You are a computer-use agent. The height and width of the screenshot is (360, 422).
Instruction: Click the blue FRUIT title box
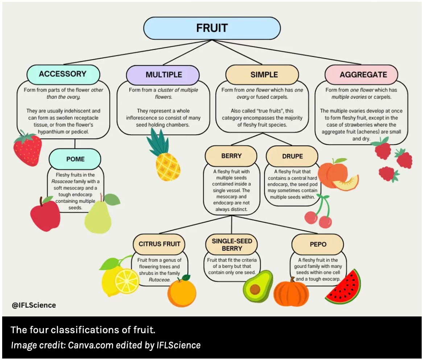212,28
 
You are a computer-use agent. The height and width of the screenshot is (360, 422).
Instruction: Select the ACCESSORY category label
63,74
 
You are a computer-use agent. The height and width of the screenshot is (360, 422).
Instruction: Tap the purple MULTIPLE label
164,75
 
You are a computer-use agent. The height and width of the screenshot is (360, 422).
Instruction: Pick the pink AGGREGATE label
363,75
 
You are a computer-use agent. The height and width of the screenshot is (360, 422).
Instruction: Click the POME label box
75,159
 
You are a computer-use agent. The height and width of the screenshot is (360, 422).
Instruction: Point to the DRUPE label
292,156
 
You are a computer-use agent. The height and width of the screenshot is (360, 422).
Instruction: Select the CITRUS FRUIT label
159,244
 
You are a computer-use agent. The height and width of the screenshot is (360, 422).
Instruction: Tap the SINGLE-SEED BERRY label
232,245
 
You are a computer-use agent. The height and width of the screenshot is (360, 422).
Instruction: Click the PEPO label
318,244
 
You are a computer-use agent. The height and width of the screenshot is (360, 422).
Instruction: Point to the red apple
45,214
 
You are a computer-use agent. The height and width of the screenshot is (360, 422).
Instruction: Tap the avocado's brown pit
255,289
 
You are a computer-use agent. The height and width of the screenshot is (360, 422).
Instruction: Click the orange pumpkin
291,292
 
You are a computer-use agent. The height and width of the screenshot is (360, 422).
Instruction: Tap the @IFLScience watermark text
34,305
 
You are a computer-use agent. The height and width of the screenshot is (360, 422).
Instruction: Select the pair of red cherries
318,216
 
